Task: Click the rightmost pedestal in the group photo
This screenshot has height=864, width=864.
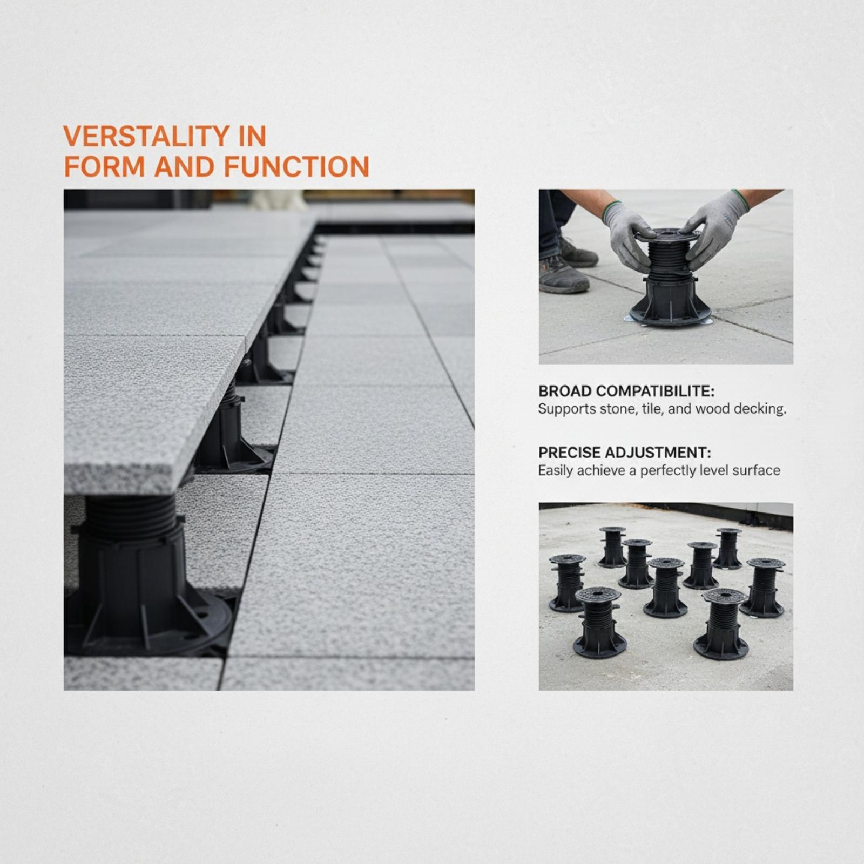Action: coord(764,588)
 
